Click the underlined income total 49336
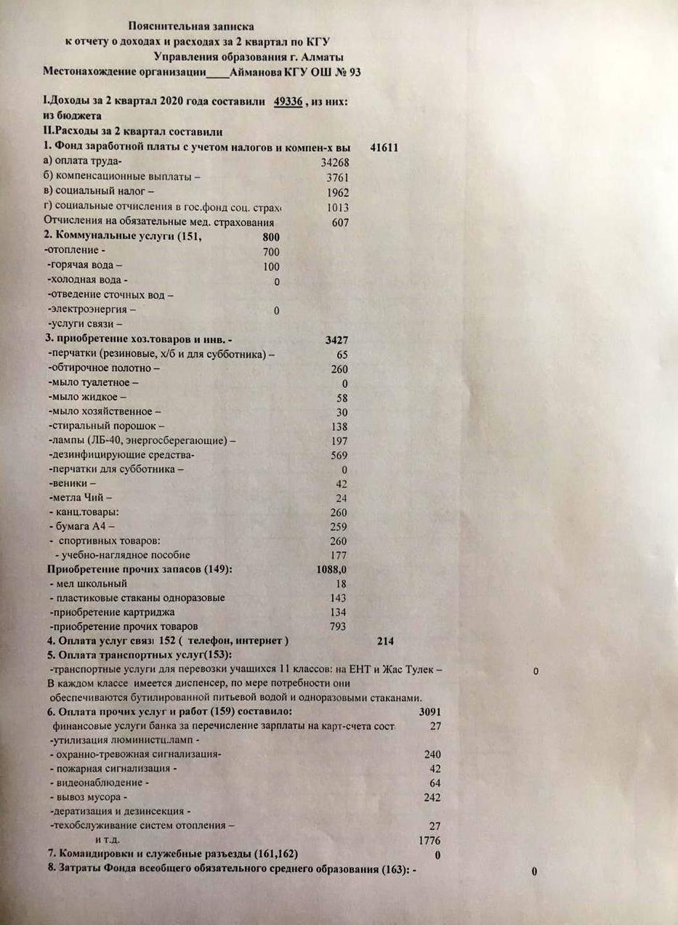(288, 102)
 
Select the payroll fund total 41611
(384, 148)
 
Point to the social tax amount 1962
(338, 193)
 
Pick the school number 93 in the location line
(354, 72)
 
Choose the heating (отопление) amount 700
(271, 251)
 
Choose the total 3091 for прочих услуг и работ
(430, 711)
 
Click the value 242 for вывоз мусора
(432, 797)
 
